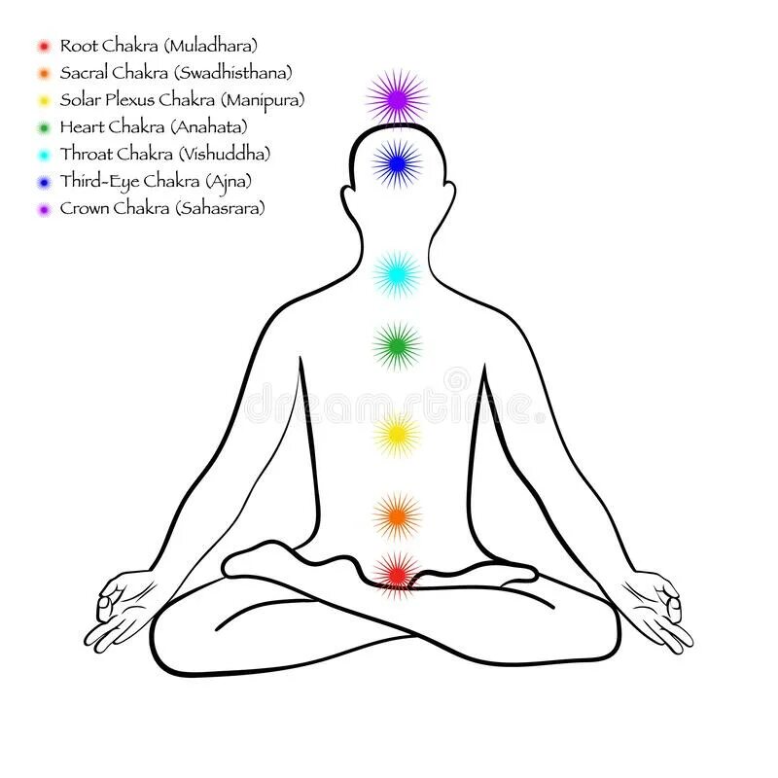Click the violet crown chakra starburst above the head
[397, 97]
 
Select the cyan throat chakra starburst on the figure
[397, 274]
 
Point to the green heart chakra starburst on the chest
[397, 345]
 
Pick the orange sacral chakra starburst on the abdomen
[397, 515]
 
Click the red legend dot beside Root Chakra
[43, 46]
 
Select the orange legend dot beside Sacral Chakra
[43, 73]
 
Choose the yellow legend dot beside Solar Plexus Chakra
[43, 100]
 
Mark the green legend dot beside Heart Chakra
[43, 127]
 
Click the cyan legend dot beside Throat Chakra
[43, 155]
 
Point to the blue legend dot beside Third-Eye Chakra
[43, 182]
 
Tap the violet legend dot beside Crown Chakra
[43, 209]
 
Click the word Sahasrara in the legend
[220, 209]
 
